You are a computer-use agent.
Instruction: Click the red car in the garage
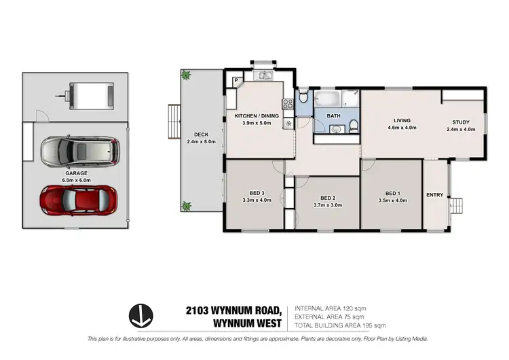[x=80, y=200]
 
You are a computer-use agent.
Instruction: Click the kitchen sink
[x=262, y=73]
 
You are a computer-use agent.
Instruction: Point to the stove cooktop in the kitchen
[x=287, y=105]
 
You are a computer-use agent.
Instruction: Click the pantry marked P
[x=236, y=81]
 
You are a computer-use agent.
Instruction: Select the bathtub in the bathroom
[x=326, y=100]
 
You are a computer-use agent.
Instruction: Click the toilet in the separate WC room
[x=303, y=99]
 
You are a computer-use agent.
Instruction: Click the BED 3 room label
[x=252, y=193]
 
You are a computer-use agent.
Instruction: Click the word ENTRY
[x=434, y=195]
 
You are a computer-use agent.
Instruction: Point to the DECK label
[x=200, y=134]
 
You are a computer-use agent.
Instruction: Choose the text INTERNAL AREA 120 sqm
[x=331, y=308]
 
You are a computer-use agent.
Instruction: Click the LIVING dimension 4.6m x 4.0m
[x=402, y=127]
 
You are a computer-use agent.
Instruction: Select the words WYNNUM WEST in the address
[x=246, y=323]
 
